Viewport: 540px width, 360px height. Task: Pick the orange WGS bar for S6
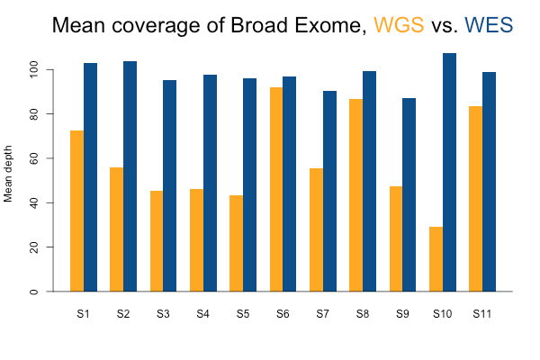click(276, 189)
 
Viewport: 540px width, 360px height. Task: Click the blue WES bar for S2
click(130, 176)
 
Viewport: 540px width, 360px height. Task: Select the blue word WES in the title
click(489, 25)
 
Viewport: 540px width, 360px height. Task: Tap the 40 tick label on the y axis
click(58, 202)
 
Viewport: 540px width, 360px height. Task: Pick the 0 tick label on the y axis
click(58, 292)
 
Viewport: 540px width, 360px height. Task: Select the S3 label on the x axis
click(163, 314)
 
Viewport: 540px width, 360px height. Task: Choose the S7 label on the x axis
click(322, 314)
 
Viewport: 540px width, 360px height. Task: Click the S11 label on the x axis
click(481, 314)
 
